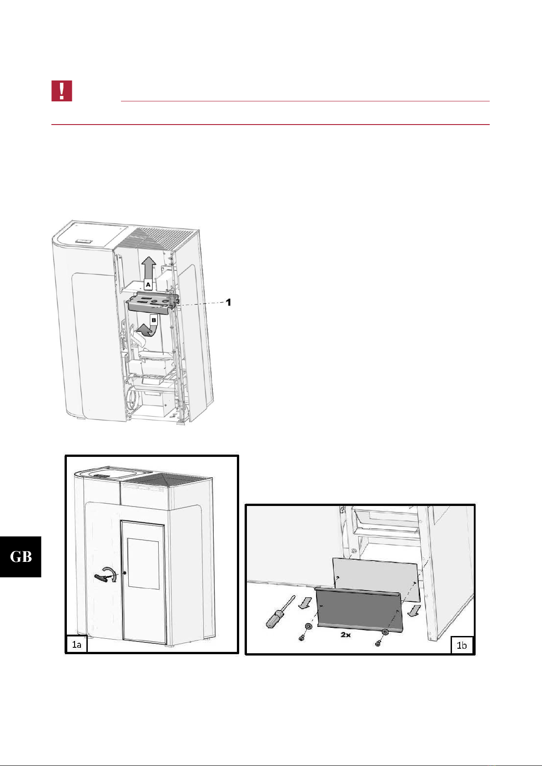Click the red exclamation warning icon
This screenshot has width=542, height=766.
click(61, 91)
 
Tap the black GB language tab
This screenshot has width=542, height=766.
click(20, 557)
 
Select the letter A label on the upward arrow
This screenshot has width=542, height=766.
click(148, 285)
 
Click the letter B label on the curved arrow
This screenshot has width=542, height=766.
click(154, 320)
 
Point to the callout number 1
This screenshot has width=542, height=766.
click(228, 302)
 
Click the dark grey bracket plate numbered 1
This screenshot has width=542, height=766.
click(152, 301)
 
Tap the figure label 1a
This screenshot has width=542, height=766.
click(76, 645)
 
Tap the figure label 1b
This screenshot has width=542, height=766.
click(462, 645)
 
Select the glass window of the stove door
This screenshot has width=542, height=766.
click(143, 563)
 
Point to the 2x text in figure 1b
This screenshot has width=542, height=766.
click(346, 635)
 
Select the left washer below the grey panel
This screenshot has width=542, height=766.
click(308, 626)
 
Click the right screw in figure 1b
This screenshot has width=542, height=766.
click(378, 644)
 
